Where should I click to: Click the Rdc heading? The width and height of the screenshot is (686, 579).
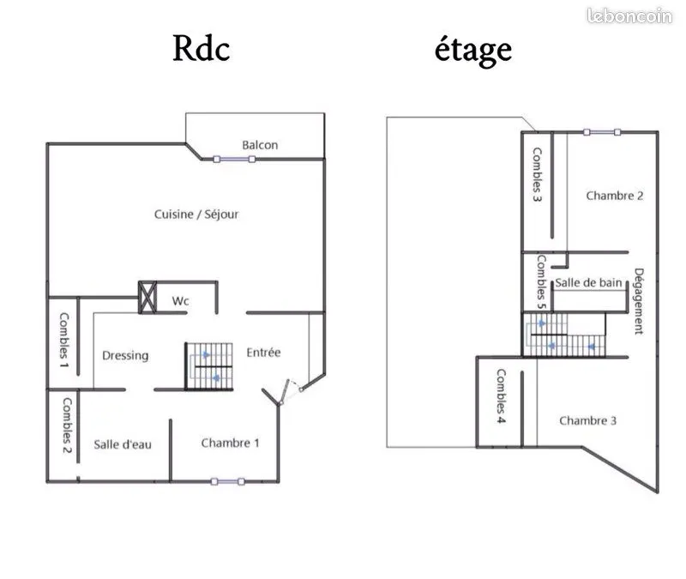pyautogui.click(x=202, y=48)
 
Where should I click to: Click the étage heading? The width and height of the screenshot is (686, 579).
pyautogui.click(x=473, y=51)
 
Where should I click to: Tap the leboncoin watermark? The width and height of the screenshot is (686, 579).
pyautogui.click(x=629, y=15)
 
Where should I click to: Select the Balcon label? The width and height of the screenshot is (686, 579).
pyautogui.click(x=260, y=145)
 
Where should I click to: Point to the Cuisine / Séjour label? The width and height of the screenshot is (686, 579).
pyautogui.click(x=196, y=214)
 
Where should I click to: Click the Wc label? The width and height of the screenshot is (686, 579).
pyautogui.click(x=180, y=301)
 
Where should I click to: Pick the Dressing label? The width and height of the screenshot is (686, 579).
pyautogui.click(x=125, y=355)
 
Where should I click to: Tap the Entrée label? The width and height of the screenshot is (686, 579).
pyautogui.click(x=263, y=353)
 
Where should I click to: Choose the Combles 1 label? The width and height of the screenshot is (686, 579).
pyautogui.click(x=63, y=340)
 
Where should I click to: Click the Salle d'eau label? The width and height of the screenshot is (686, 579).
pyautogui.click(x=123, y=444)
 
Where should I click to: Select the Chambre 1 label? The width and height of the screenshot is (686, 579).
pyautogui.click(x=230, y=443)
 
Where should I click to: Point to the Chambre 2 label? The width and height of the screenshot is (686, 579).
pyautogui.click(x=615, y=196)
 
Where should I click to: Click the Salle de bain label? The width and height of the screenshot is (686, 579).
pyautogui.click(x=588, y=283)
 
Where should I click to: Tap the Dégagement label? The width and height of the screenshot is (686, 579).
pyautogui.click(x=639, y=301)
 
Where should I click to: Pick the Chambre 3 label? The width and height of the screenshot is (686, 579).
pyautogui.click(x=587, y=420)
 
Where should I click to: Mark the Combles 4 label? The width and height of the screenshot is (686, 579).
pyautogui.click(x=501, y=396)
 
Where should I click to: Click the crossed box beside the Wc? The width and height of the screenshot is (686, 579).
pyautogui.click(x=147, y=297)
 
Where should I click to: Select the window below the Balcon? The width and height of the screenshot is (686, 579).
pyautogui.click(x=234, y=160)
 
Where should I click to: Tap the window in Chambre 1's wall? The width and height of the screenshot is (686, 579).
pyautogui.click(x=227, y=481)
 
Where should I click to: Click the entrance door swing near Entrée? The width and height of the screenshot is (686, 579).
pyautogui.click(x=291, y=391)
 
